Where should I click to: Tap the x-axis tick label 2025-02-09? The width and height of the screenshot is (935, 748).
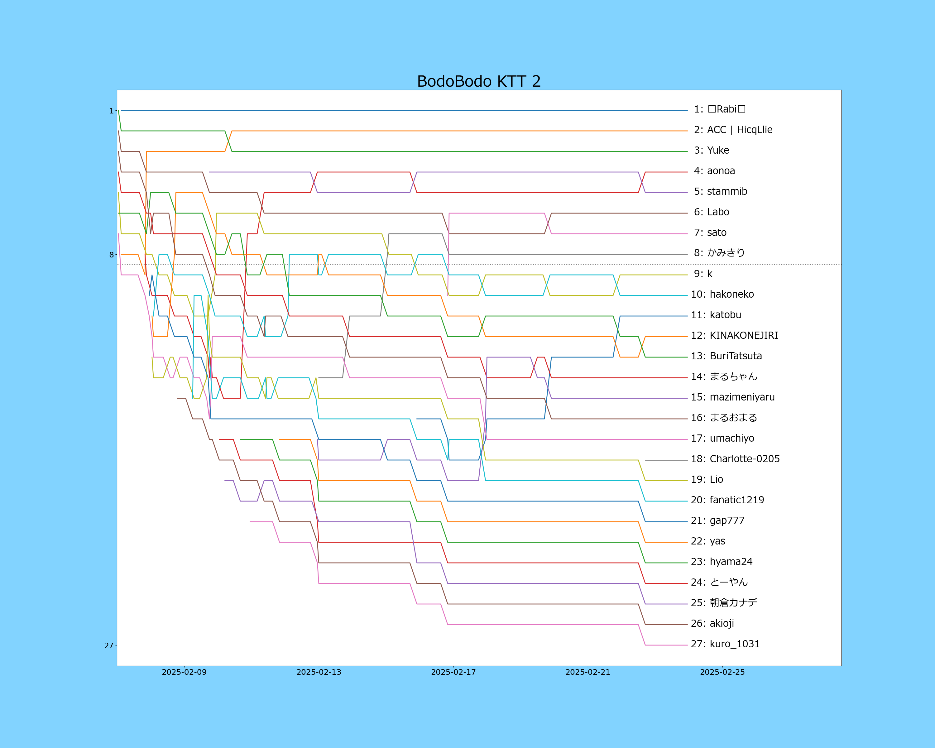click(184, 672)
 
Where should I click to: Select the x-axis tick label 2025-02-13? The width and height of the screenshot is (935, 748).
click(319, 672)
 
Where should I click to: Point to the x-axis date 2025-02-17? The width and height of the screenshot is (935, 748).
click(453, 672)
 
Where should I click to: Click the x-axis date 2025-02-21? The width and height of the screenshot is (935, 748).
click(587, 672)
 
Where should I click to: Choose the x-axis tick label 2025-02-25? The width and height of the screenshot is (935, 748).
click(722, 672)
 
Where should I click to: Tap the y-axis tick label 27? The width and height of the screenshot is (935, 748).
click(109, 646)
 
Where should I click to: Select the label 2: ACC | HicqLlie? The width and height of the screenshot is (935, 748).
click(733, 130)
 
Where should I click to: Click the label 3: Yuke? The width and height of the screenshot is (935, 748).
click(711, 151)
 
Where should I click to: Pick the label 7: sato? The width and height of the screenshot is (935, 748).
click(710, 233)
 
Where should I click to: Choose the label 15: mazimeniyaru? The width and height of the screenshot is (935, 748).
click(732, 397)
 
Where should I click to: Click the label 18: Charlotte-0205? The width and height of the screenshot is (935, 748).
click(735, 459)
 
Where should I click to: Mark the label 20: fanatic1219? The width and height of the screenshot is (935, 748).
click(727, 500)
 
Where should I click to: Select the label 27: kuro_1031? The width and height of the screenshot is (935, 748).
click(725, 644)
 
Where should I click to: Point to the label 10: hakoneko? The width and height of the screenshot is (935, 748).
click(722, 295)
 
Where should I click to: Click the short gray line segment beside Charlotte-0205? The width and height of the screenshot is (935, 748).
click(666, 460)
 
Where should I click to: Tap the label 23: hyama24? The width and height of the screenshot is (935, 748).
click(722, 562)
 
